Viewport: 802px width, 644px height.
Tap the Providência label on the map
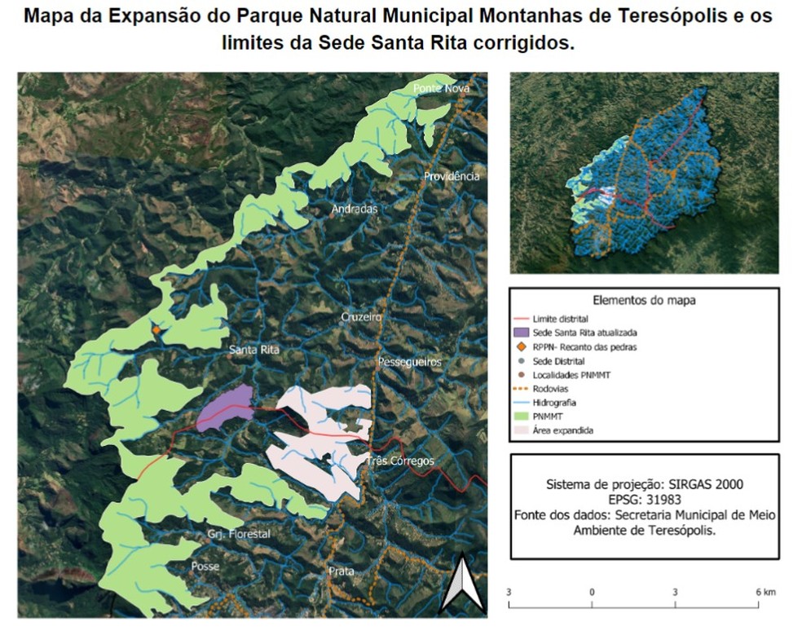(x=452, y=176)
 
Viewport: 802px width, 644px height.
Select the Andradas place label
(x=355, y=210)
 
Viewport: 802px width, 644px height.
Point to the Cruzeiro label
(x=361, y=316)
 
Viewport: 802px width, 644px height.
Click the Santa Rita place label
(x=254, y=350)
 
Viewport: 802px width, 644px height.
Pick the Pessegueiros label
(x=409, y=361)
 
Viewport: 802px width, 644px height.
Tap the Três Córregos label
(x=400, y=461)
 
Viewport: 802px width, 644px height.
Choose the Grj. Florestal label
(x=238, y=535)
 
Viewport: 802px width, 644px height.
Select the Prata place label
(x=342, y=571)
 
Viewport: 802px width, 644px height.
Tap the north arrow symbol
(x=462, y=583)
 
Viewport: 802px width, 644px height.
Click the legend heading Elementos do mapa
(x=644, y=300)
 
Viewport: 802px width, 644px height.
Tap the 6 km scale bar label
(x=764, y=590)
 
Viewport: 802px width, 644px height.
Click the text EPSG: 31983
(x=644, y=499)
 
